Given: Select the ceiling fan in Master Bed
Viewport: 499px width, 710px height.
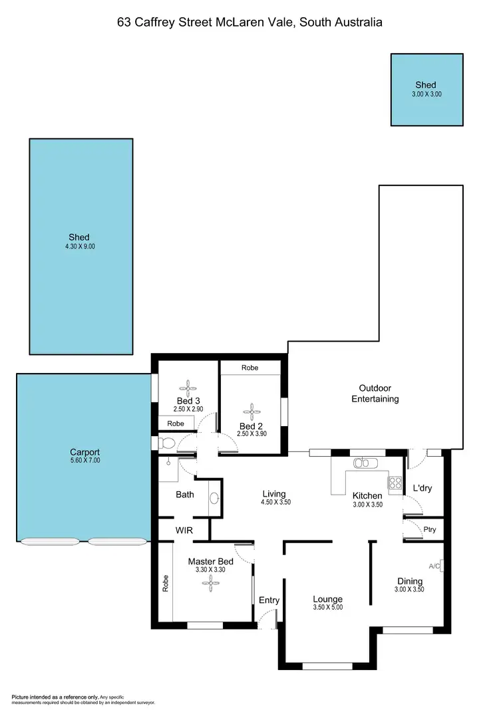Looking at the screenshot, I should pyautogui.click(x=211, y=582).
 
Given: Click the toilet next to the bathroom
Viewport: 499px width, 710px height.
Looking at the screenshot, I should pyautogui.click(x=166, y=442).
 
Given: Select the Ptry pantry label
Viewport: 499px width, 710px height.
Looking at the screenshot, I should pyautogui.click(x=429, y=529).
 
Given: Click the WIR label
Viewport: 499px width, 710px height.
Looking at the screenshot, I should pyautogui.click(x=184, y=530).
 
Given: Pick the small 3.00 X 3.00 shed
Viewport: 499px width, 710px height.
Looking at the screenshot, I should pyautogui.click(x=426, y=90).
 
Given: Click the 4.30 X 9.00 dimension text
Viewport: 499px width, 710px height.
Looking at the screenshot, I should pyautogui.click(x=81, y=247).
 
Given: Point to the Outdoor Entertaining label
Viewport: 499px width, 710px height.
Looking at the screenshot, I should pyautogui.click(x=379, y=394).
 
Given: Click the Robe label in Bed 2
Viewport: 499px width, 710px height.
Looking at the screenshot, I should pyautogui.click(x=249, y=368).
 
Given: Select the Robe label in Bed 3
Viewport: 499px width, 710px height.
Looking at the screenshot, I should pyautogui.click(x=176, y=423).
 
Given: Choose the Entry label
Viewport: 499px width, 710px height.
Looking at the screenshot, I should pyautogui.click(x=269, y=600).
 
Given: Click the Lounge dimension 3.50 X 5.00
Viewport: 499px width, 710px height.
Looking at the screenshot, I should pyautogui.click(x=327, y=608).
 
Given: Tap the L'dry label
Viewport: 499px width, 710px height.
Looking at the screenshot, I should pyautogui.click(x=422, y=488).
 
